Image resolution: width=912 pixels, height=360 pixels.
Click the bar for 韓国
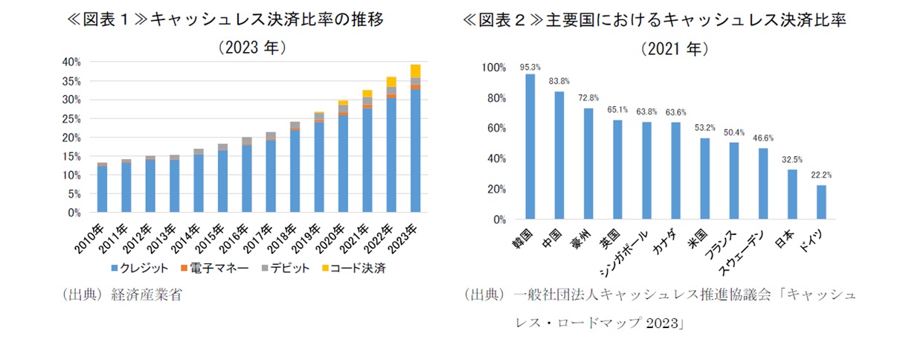530,147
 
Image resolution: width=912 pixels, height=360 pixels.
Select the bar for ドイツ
821,202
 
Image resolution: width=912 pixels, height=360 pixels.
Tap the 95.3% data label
530,66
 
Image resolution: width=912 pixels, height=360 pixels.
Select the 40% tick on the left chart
71,62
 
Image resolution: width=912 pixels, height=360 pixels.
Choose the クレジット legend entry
138,267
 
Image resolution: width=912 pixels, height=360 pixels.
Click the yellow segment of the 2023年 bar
415,71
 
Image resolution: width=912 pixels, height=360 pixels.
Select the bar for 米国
704,179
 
